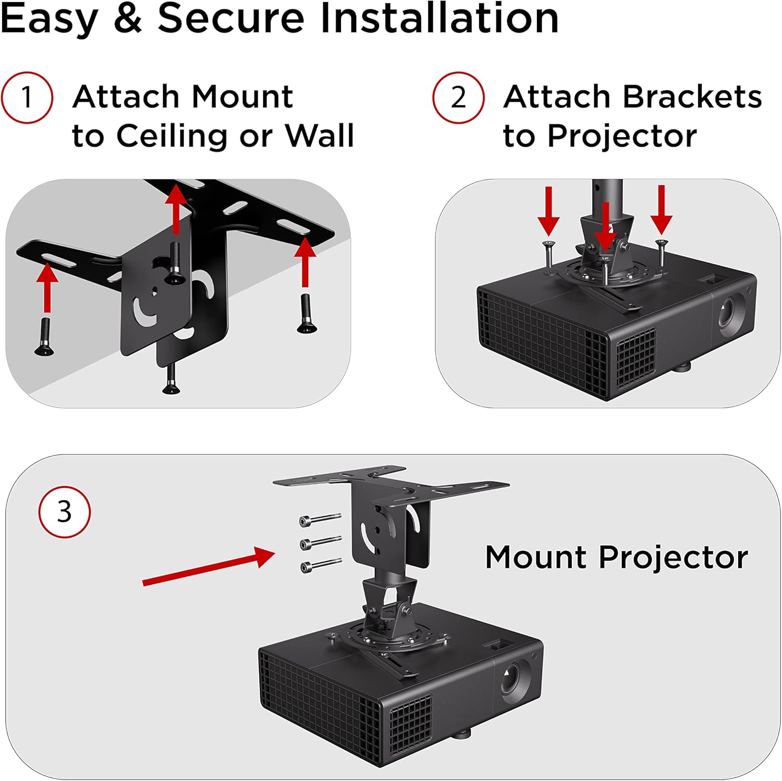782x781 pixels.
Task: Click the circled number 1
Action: click(27, 98)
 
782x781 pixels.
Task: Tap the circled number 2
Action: click(458, 98)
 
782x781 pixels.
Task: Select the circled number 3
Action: click(64, 512)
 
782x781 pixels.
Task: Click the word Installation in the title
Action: click(439, 19)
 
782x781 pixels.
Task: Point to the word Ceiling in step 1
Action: click(172, 136)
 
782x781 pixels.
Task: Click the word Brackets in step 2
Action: click(692, 97)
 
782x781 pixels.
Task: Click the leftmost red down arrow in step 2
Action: click(548, 212)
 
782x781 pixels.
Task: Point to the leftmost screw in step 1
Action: click(45, 337)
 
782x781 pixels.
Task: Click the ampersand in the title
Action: click(128, 19)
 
